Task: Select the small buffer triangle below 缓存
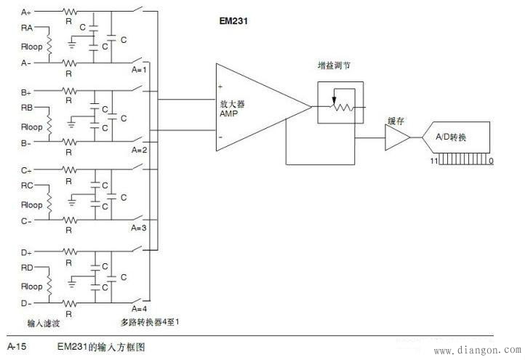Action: [397, 137]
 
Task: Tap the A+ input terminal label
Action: [26, 12]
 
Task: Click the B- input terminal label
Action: [26, 143]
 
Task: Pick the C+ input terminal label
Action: [26, 171]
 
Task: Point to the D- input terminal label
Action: [26, 302]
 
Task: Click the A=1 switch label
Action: [140, 71]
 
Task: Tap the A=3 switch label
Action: [140, 228]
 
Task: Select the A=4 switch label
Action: [140, 308]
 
